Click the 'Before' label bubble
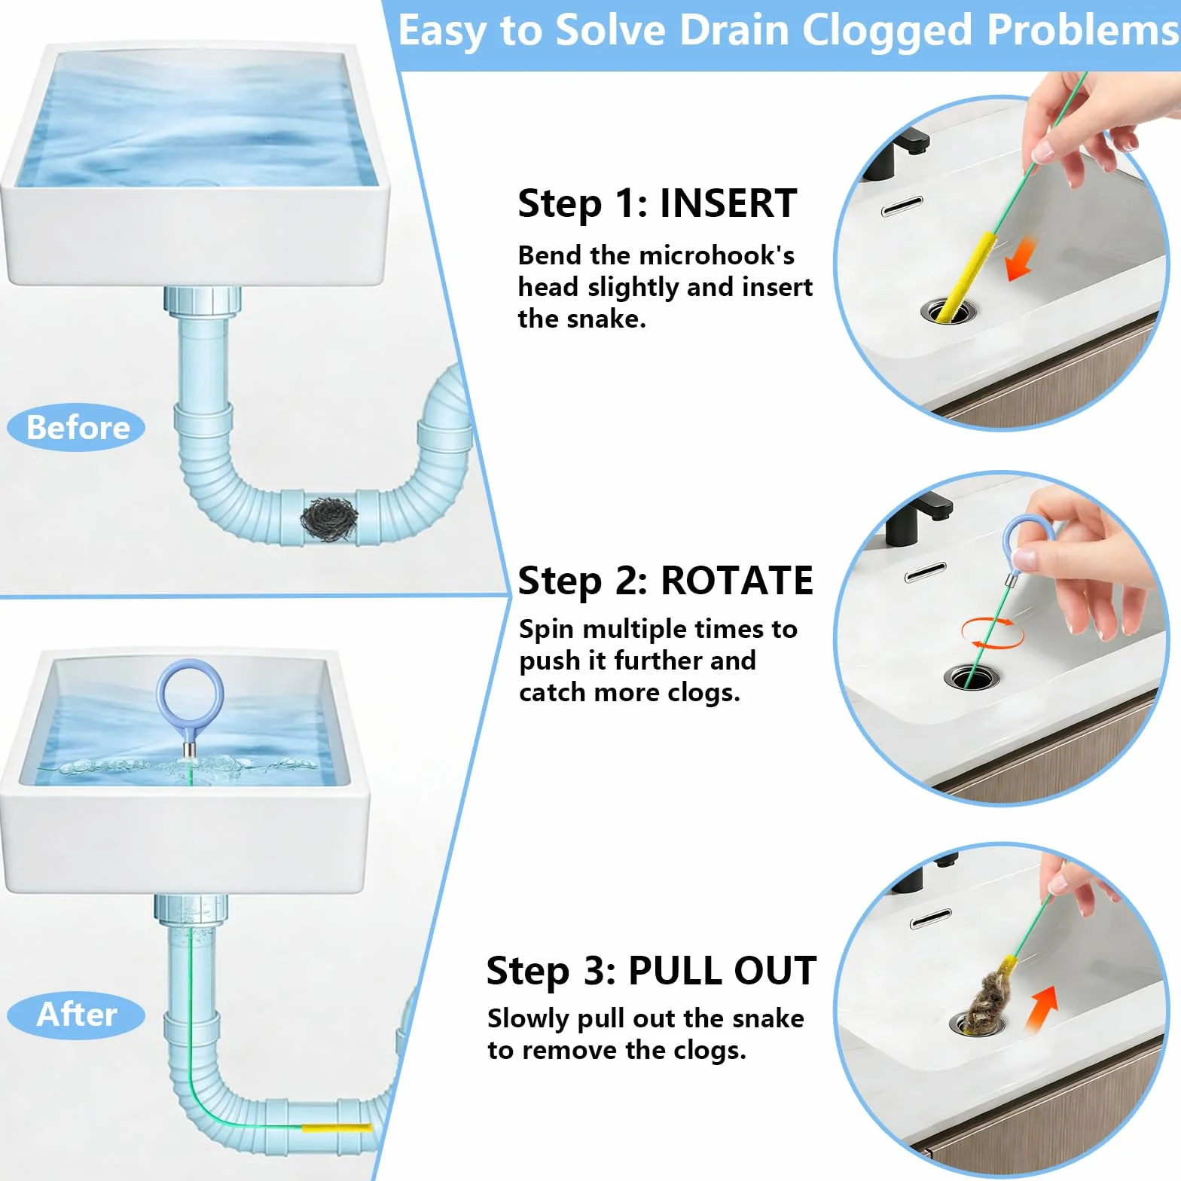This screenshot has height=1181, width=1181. pyautogui.click(x=76, y=428)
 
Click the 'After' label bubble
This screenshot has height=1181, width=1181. pyautogui.click(x=76, y=1015)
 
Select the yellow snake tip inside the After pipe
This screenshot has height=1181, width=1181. pyautogui.click(x=337, y=1128)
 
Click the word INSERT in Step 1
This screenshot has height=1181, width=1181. pyautogui.click(x=728, y=203)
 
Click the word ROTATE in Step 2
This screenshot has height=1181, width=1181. pyautogui.click(x=737, y=581)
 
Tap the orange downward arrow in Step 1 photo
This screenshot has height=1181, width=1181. pyautogui.click(x=1021, y=258)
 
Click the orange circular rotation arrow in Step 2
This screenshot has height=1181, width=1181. pyautogui.click(x=992, y=633)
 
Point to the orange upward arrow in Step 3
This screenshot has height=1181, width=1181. pyautogui.click(x=1043, y=1009)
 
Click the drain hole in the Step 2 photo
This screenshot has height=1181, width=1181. pyautogui.click(x=972, y=676)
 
